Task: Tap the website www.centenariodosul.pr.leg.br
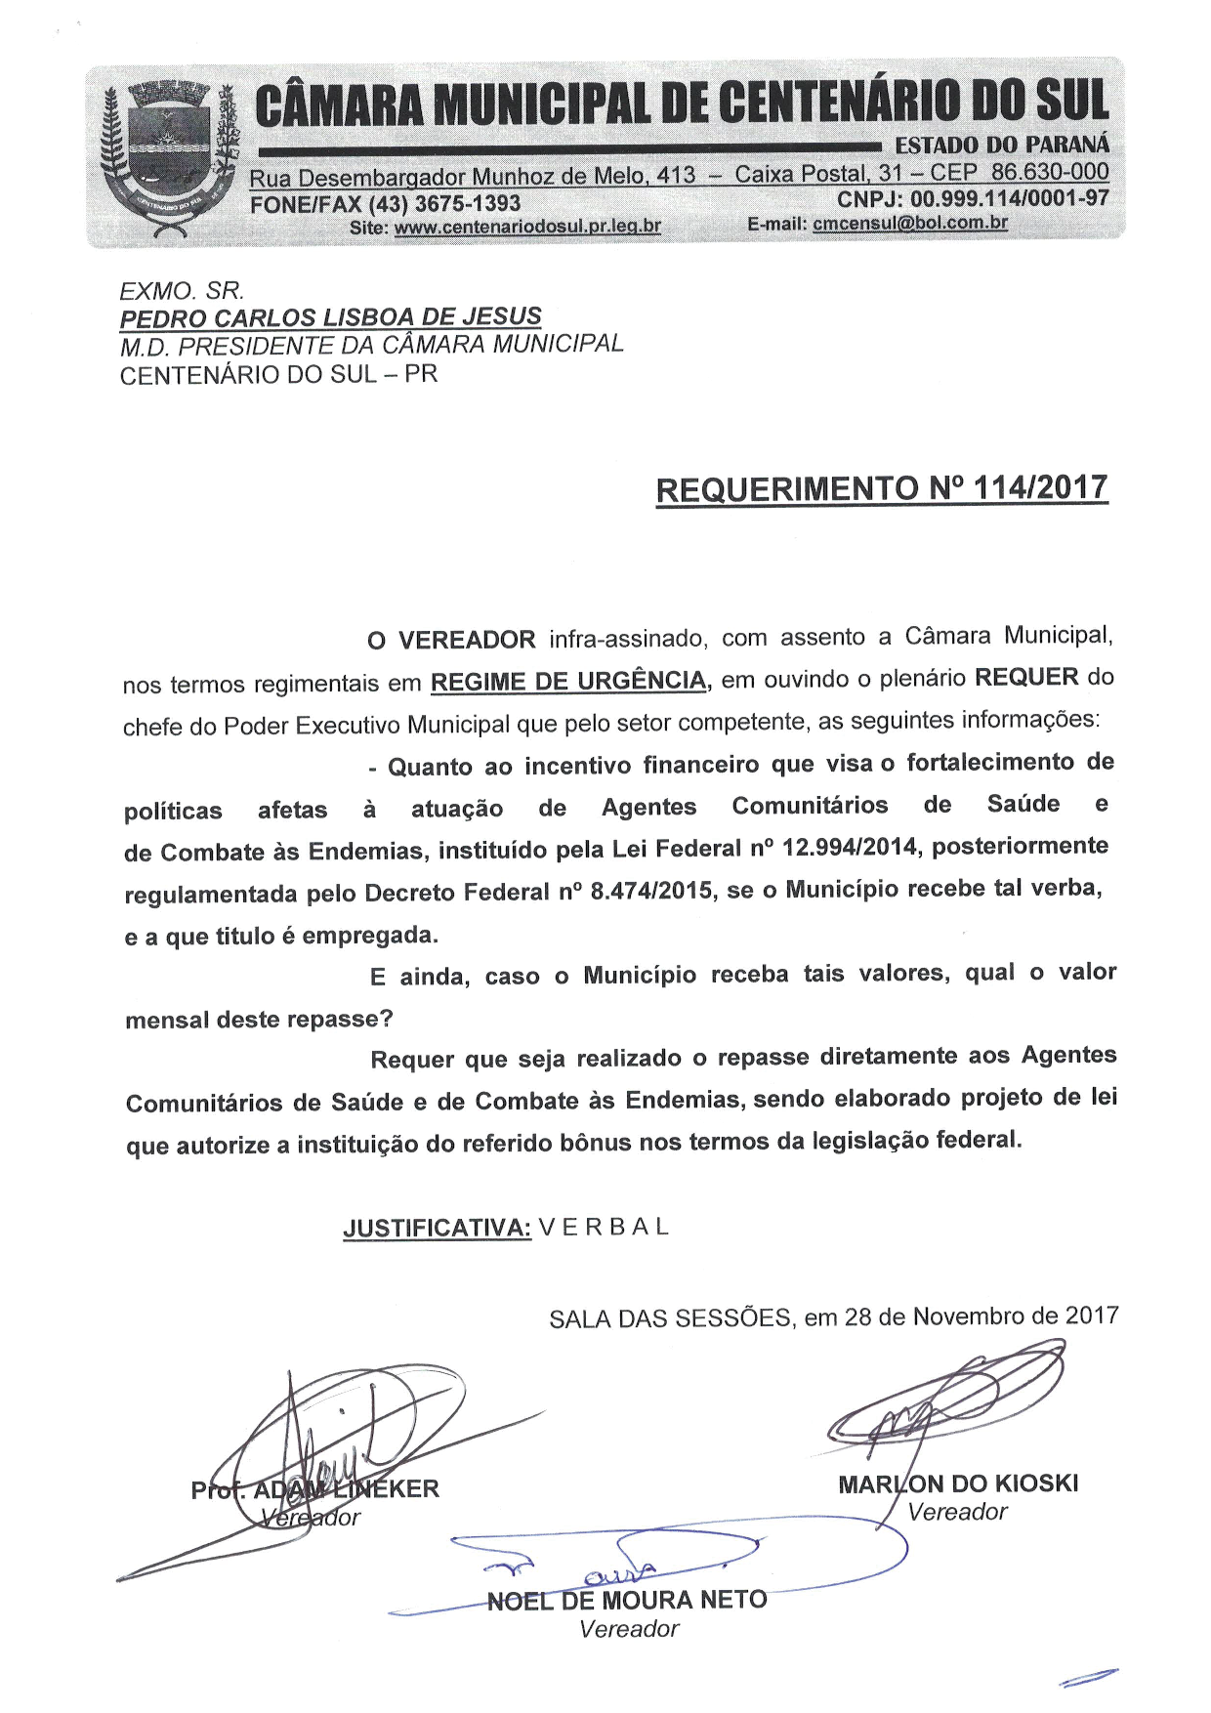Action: tap(527, 227)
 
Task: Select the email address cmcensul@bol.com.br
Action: tap(910, 223)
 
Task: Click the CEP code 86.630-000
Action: tap(1050, 173)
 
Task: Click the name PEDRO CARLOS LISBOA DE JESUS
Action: tap(330, 317)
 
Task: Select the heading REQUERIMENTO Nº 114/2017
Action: tap(882, 488)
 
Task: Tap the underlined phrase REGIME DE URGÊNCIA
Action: tap(568, 681)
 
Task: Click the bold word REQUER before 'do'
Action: tap(1026, 677)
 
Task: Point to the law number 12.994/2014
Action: tap(851, 847)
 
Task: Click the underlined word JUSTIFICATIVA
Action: tap(437, 1229)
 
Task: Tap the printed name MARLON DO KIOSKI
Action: tap(958, 1484)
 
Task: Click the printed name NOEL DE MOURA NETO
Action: tap(627, 1601)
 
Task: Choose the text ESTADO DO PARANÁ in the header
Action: tap(1002, 145)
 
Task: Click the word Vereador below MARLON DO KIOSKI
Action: tap(957, 1512)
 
